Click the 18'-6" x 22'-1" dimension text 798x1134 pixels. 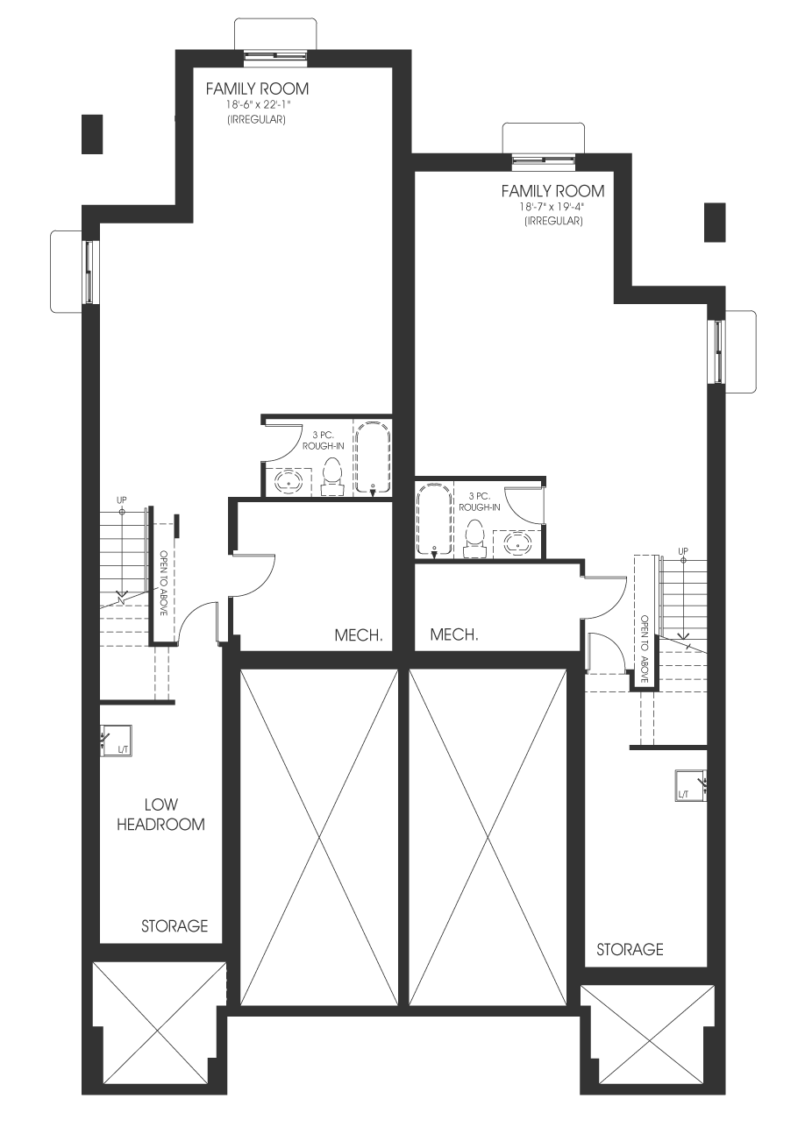tap(258, 106)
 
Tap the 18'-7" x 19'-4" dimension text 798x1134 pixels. tap(553, 207)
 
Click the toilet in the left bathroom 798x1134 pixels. tap(332, 476)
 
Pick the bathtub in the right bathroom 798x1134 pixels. tap(434, 519)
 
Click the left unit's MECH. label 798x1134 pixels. tap(358, 635)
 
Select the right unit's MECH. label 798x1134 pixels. tap(454, 634)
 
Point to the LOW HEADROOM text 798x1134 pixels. tap(161, 814)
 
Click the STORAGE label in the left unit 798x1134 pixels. tap(175, 926)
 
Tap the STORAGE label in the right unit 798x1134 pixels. tap(630, 949)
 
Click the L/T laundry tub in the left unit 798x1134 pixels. tap(116, 741)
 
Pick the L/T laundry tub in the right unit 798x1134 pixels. tap(691, 786)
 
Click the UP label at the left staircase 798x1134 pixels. tap(122, 500)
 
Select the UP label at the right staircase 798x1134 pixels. tap(683, 551)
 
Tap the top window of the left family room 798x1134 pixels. tap(275, 58)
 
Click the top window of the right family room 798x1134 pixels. tap(544, 160)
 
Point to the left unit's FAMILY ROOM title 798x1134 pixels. tap(258, 89)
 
